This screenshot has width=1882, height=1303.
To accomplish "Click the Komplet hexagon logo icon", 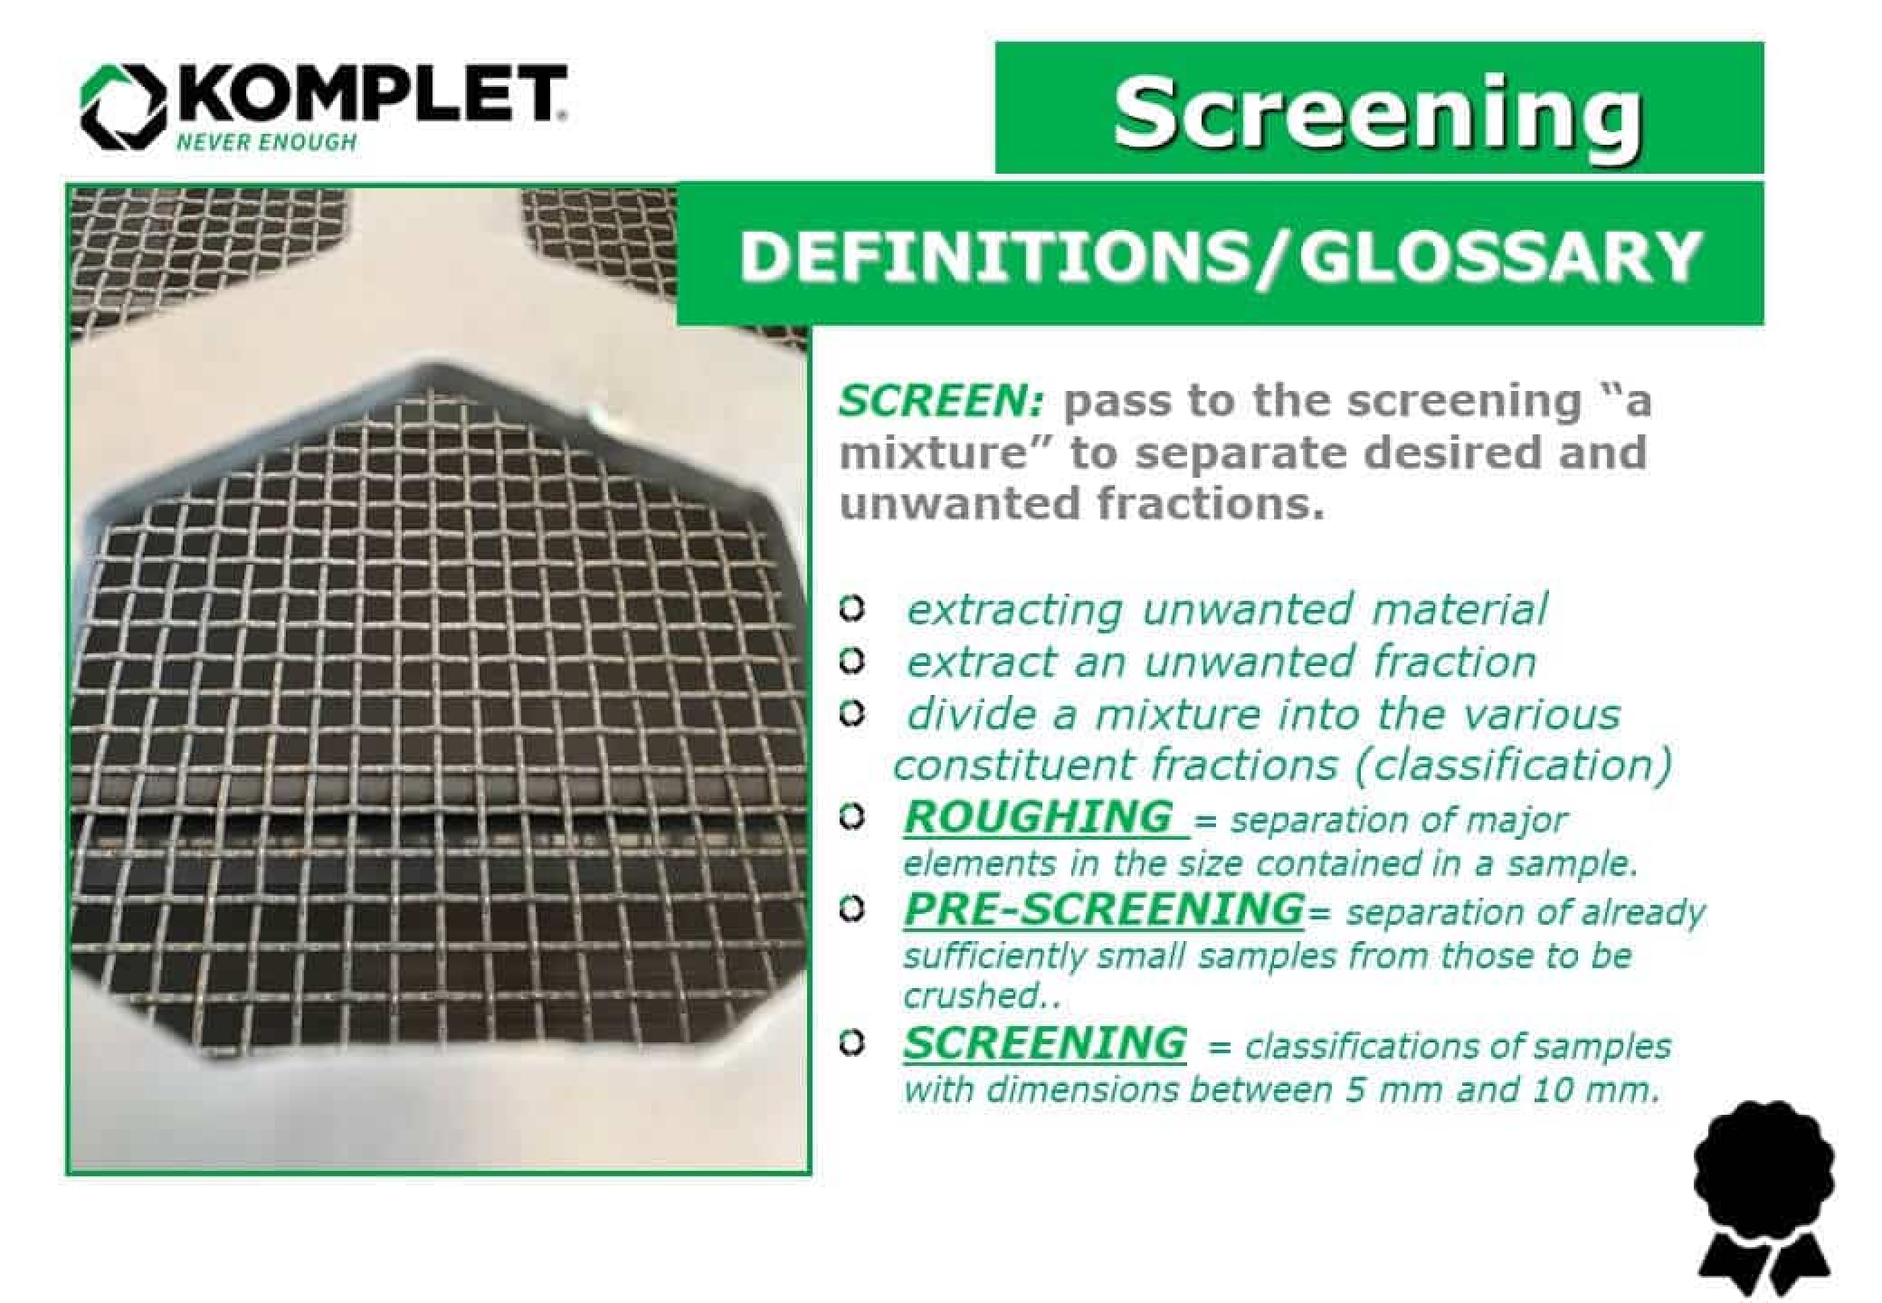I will [125, 106].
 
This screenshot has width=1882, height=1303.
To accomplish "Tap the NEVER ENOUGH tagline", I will [266, 142].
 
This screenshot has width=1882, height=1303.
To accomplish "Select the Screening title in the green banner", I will [1377, 112].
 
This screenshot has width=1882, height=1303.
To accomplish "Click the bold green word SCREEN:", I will [941, 401].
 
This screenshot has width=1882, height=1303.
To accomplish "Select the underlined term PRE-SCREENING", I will [1103, 908].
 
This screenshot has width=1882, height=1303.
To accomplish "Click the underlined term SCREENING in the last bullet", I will [1044, 1042].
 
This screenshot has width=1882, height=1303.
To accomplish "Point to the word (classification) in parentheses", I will [1513, 766].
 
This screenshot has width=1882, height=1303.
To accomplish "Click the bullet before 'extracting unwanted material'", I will [850, 609].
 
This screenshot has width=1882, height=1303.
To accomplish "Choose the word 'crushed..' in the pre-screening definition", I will [981, 995].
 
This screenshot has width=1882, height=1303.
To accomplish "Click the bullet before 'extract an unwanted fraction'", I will [850, 661].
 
